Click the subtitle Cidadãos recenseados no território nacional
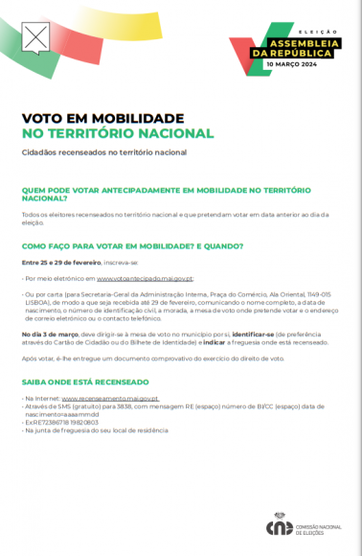[103, 152]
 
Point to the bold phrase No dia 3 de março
[47, 333]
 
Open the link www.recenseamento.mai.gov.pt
[110, 397]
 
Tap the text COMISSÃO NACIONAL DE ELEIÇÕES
[317, 526]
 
